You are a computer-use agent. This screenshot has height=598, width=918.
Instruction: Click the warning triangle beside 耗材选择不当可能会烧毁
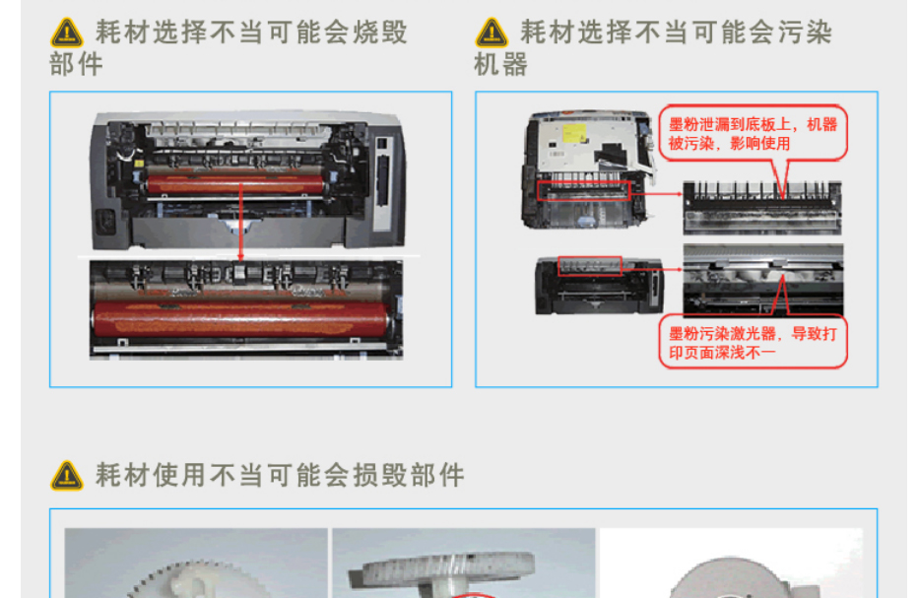click(67, 33)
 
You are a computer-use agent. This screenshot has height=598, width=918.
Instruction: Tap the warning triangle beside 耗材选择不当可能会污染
click(492, 33)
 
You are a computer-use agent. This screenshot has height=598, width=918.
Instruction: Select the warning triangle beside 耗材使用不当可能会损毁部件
click(67, 475)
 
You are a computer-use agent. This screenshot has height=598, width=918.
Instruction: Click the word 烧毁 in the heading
click(380, 33)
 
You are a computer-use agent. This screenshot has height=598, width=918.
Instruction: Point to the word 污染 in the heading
click(805, 33)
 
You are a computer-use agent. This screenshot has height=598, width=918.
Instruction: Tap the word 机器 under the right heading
click(501, 64)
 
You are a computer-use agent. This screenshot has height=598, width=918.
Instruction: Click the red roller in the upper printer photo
click(234, 184)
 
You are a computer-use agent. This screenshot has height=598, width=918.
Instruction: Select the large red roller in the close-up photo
click(240, 320)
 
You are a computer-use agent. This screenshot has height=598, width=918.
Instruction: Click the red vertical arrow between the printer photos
click(240, 222)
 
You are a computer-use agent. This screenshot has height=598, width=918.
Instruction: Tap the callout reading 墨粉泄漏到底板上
click(753, 134)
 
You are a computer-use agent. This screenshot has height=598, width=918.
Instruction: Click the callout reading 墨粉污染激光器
click(753, 342)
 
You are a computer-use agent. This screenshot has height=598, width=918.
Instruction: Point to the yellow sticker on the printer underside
click(574, 133)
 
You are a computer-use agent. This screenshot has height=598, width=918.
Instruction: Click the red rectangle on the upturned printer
click(583, 191)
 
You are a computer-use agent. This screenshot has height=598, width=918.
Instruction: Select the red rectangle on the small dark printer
click(590, 266)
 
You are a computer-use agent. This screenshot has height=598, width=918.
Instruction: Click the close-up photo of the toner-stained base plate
click(762, 209)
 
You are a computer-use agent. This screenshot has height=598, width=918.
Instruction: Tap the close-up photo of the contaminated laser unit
click(763, 280)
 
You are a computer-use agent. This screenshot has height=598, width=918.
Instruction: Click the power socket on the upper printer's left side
click(106, 222)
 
